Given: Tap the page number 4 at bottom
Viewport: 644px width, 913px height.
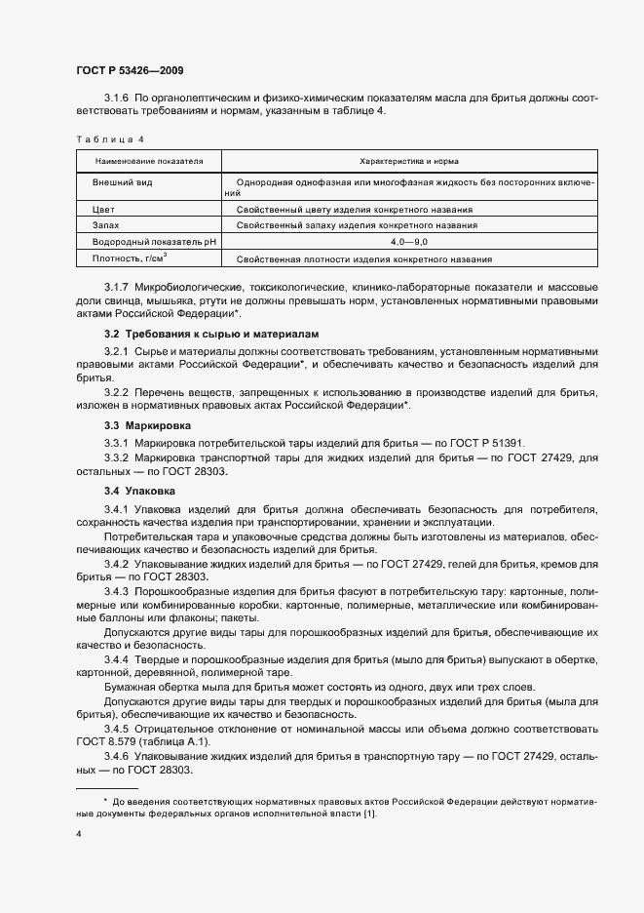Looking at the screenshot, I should click(x=79, y=834).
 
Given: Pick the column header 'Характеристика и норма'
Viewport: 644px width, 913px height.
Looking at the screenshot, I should click(x=409, y=161).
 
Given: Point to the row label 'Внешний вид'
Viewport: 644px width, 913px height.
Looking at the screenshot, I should click(x=122, y=182).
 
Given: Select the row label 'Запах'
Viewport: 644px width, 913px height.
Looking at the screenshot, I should click(x=106, y=225).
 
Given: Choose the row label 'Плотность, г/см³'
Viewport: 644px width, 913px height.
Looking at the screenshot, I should click(x=130, y=258).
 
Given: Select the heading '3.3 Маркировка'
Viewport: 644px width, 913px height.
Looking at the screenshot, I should click(x=148, y=426).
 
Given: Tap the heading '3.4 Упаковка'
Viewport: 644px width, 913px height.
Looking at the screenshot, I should click(x=144, y=489).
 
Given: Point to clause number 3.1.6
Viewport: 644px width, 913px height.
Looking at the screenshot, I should click(x=117, y=98).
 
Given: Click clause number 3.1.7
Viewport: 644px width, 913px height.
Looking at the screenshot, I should click(x=117, y=287).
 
